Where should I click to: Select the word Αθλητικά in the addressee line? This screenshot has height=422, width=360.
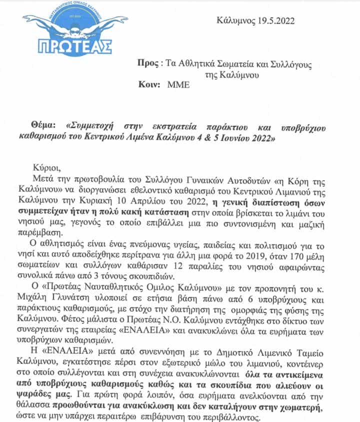tap(202, 64)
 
